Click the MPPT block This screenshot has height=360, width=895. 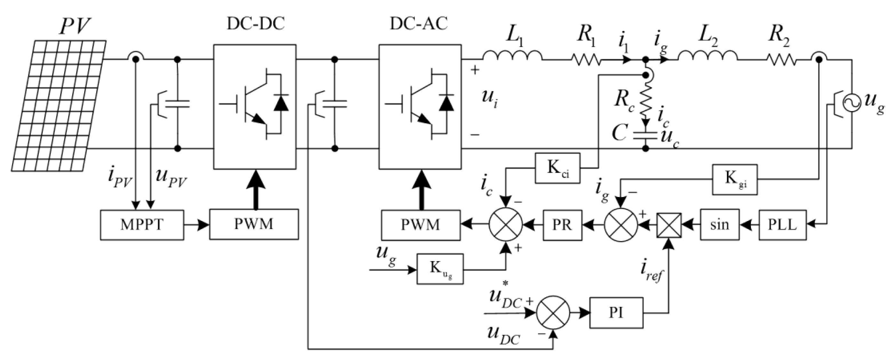pyautogui.click(x=142, y=225)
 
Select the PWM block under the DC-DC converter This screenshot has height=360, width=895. pyautogui.click(x=254, y=224)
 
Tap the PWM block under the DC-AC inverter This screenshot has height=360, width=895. pyautogui.click(x=420, y=225)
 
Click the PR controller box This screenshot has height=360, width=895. pyautogui.click(x=562, y=225)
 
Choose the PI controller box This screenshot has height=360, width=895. pyautogui.click(x=616, y=313)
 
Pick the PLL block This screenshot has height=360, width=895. pyautogui.click(x=782, y=225)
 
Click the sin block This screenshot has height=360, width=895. pyautogui.click(x=719, y=225)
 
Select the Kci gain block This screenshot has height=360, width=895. pyautogui.click(x=557, y=168)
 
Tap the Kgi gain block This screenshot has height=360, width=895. pyautogui.click(x=735, y=179)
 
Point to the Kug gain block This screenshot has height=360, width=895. pyautogui.click(x=440, y=269)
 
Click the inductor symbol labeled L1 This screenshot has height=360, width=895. pyautogui.click(x=512, y=56)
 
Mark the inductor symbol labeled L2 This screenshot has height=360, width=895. pyautogui.click(x=707, y=56)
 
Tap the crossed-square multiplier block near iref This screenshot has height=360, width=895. pyautogui.click(x=669, y=225)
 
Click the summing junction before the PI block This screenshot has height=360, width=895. pyautogui.click(x=553, y=313)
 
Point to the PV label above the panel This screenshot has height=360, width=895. pyautogui.click(x=75, y=26)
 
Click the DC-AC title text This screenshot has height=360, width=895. pyautogui.click(x=419, y=24)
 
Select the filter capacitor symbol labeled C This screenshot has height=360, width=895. pyautogui.click(x=645, y=135)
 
